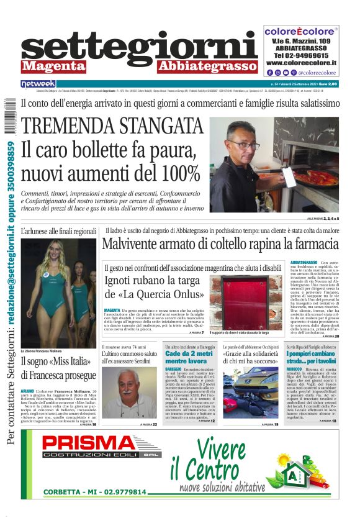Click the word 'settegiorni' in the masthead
pyautogui.click(x=139, y=47)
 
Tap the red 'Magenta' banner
pyautogui.click(x=53, y=66)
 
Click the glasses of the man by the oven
pyautogui.click(x=243, y=145)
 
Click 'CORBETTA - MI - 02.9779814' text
pyautogui.click(x=95, y=492)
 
